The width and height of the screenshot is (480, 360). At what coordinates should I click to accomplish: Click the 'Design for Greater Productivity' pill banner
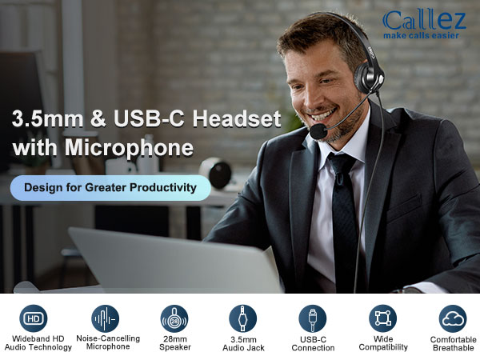(110, 187)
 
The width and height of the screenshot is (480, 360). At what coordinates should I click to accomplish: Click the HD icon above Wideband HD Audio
(33, 317)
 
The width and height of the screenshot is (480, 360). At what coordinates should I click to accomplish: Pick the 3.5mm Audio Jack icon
(242, 317)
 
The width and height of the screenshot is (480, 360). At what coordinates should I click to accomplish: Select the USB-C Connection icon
(312, 317)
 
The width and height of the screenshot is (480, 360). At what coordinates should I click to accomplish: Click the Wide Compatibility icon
(382, 317)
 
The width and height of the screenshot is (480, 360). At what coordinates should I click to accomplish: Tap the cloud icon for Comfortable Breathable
(453, 317)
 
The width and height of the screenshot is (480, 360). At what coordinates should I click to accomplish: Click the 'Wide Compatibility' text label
(382, 342)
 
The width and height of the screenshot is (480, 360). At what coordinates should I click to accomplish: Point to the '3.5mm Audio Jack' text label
(242, 343)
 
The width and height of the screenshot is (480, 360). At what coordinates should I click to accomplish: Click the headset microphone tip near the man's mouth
(318, 130)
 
